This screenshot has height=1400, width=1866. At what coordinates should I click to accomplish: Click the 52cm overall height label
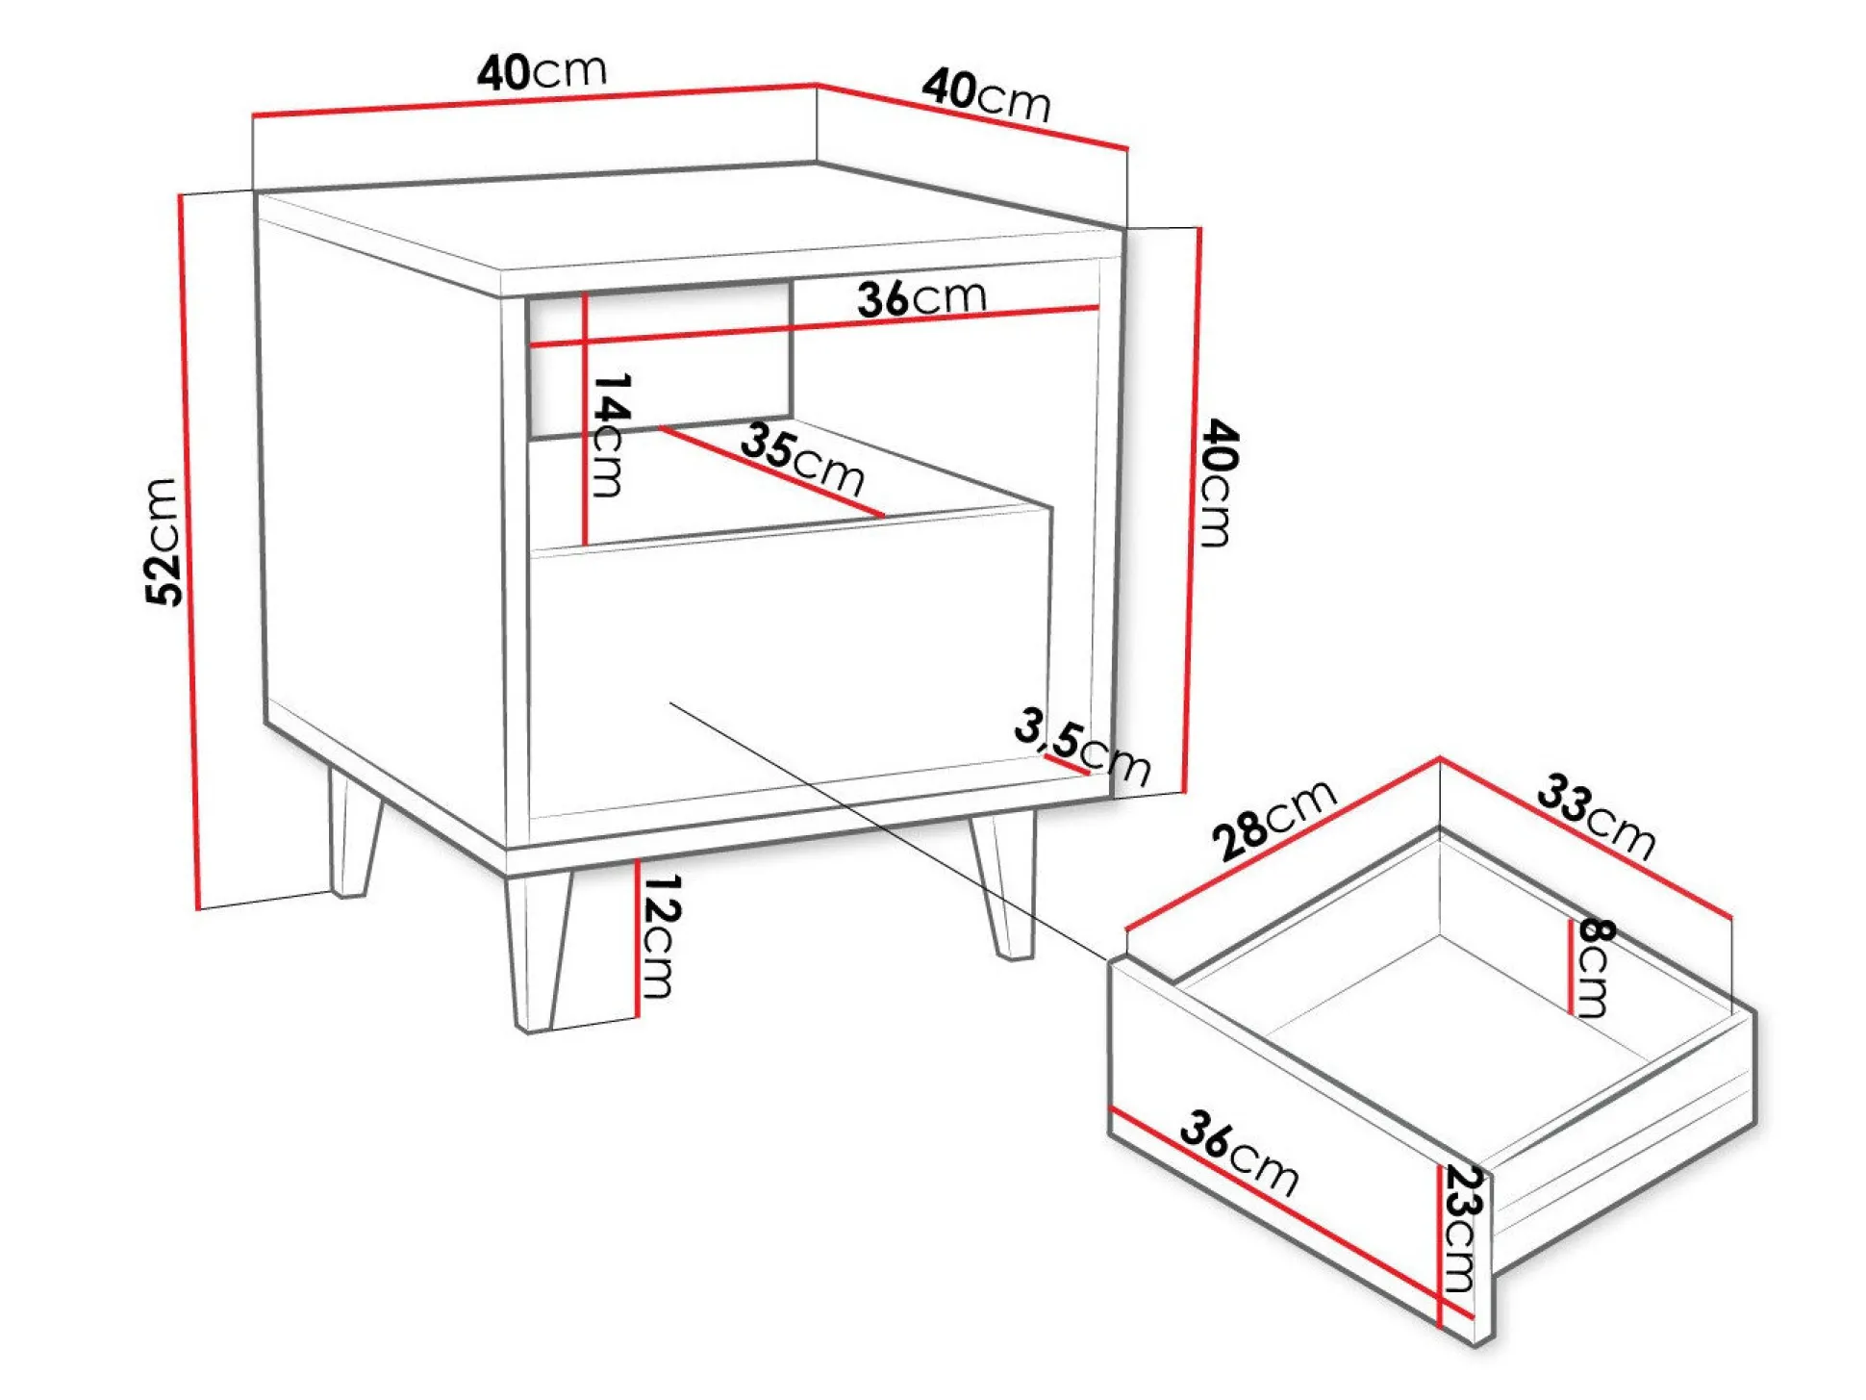click(163, 542)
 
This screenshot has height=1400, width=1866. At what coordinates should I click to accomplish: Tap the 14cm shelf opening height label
click(610, 435)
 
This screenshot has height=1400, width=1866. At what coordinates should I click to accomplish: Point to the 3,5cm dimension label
click(1082, 747)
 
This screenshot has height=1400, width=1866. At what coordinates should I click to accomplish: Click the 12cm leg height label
click(662, 935)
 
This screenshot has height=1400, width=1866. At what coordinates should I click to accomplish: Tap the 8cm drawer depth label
click(1594, 967)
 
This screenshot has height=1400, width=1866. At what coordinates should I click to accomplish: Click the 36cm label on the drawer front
click(1239, 1153)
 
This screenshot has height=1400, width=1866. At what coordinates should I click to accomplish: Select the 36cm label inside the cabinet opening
click(921, 298)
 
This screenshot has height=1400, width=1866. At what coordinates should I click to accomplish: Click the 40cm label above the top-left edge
click(542, 71)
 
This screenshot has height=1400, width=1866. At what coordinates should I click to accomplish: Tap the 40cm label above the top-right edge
click(986, 95)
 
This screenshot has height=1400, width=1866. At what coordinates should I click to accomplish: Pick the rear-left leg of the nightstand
click(354, 831)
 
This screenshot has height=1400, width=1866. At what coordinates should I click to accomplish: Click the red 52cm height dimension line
click(189, 551)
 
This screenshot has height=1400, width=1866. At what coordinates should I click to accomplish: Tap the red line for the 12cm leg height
click(637, 938)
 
